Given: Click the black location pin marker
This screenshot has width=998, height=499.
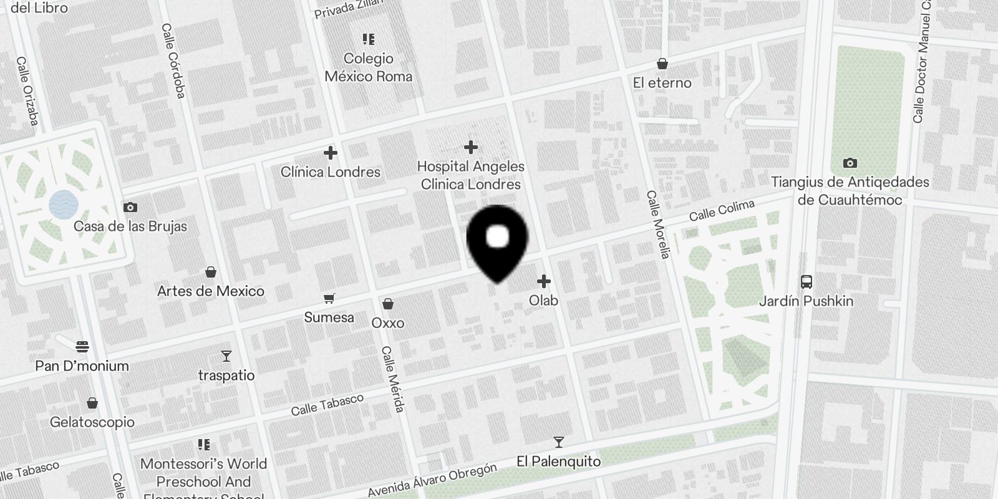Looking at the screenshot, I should (497, 240).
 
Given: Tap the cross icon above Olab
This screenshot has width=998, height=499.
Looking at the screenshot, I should (544, 281).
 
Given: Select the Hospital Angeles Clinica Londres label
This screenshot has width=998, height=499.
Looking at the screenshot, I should (470, 175).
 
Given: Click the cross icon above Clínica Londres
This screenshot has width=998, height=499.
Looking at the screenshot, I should (331, 153).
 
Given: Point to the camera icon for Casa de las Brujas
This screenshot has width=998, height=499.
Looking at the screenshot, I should (130, 207).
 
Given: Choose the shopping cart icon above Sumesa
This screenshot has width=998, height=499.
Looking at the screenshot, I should (329, 299).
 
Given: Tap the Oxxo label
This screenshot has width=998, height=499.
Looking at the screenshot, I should (387, 323).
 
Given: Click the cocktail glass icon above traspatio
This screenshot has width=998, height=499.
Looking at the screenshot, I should (226, 356).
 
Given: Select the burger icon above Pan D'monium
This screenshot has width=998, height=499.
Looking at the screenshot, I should (82, 347).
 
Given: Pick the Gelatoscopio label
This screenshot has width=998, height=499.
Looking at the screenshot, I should (92, 422).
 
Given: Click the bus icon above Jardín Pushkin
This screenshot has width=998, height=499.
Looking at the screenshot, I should (806, 281).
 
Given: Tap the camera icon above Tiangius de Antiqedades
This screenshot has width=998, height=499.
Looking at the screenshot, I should (850, 163).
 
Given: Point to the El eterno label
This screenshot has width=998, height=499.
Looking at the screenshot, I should (662, 83).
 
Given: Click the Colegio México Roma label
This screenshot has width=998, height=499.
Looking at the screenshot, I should (368, 67).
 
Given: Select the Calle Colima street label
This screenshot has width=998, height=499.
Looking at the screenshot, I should (722, 210).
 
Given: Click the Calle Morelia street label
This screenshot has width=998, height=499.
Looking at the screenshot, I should (658, 225).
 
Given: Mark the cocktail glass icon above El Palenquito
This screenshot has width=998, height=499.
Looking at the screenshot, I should (558, 442).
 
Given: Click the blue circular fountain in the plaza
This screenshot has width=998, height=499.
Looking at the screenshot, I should (64, 204).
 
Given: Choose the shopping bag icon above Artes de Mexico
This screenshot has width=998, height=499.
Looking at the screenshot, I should (211, 272).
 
